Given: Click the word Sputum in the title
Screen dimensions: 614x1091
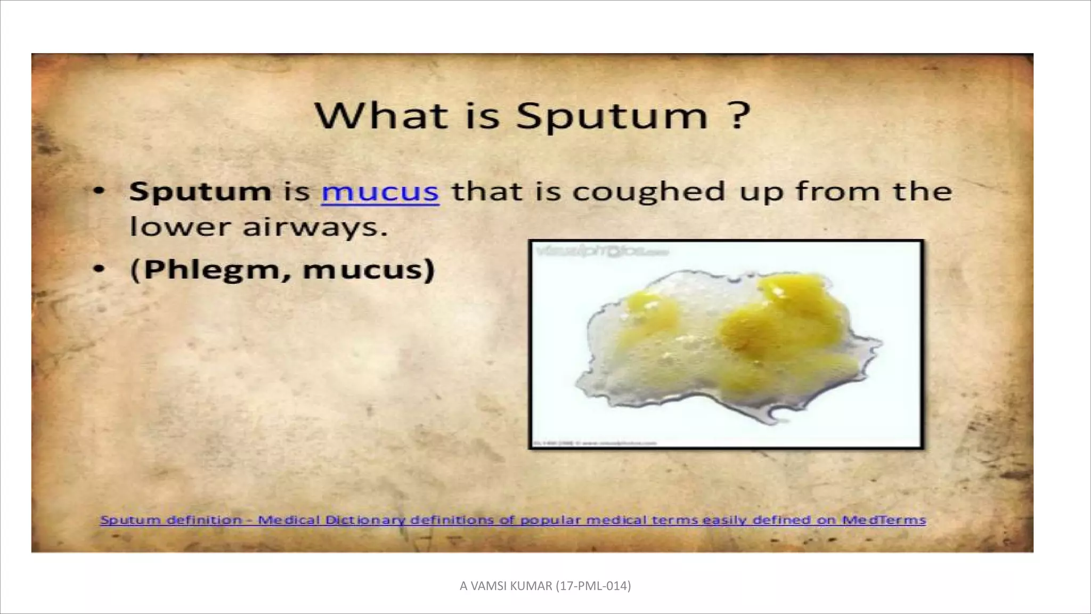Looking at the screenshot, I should pos(612,116).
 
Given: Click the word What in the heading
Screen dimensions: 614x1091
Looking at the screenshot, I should pos(381,115).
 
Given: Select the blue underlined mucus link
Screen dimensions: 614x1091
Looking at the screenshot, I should pos(380,192).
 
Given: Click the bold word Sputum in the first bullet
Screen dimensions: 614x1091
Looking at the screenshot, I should pos(200,192).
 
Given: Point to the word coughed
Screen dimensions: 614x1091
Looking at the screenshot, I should pos(648,192).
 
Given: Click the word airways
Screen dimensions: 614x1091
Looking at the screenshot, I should pos(314,228).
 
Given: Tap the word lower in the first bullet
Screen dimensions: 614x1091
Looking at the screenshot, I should pos(179,228).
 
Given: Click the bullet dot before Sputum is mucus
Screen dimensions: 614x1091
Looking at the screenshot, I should pos(99,191).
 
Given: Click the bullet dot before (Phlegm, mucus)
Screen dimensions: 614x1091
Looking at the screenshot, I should pos(99,269).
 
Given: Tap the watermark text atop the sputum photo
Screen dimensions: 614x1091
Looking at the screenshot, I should pos(602,251).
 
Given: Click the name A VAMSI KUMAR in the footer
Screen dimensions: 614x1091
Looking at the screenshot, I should pos(506,586).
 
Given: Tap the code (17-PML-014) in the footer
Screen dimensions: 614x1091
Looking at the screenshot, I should pos(593,586).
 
